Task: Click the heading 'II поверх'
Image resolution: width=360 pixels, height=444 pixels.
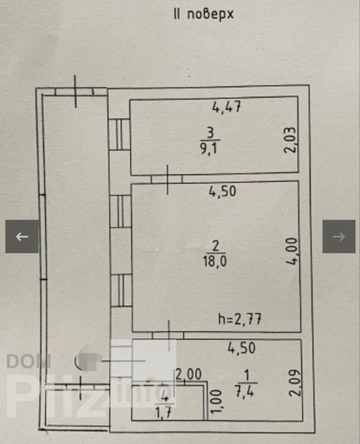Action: tap(203, 14)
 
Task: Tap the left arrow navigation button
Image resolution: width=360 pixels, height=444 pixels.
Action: tap(22, 236)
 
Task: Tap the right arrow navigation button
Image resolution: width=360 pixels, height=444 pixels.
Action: tap(339, 236)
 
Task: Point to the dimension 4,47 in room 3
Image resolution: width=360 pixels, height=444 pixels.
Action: tap(227, 108)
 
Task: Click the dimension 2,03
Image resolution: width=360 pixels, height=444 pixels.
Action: tap(291, 140)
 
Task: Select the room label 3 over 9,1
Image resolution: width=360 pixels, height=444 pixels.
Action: tap(210, 140)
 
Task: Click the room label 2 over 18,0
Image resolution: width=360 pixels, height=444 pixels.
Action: tap(215, 254)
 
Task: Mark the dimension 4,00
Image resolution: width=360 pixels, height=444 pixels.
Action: tap(292, 251)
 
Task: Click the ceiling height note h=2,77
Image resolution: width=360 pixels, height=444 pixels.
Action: tap(239, 319)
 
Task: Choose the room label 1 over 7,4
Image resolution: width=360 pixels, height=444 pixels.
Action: tap(246, 384)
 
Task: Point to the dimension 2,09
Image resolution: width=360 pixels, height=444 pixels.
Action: tap(295, 383)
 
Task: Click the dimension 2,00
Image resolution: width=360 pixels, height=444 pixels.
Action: tap(188, 375)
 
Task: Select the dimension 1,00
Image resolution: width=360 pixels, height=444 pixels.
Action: tap(216, 401)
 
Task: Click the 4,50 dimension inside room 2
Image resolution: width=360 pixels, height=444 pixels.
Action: tap(222, 192)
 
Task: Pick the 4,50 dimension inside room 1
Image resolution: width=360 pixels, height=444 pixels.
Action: tap(242, 348)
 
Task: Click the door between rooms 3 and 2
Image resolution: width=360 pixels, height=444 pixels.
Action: tap(167, 179)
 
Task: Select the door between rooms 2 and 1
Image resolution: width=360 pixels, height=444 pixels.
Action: tap(168, 335)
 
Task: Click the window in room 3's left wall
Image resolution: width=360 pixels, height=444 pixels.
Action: tap(120, 134)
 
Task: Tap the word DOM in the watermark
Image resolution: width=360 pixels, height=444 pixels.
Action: tap(28, 361)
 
